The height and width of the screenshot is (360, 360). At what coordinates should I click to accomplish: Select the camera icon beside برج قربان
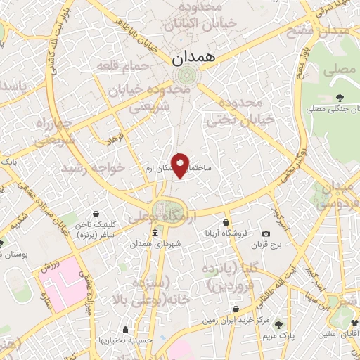click(x=266, y=233)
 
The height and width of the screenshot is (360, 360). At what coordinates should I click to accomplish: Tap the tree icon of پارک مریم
click(x=279, y=324)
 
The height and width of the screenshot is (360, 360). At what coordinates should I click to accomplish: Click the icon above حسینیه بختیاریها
click(x=126, y=329)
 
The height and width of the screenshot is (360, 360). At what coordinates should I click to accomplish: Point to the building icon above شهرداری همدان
click(x=155, y=233)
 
